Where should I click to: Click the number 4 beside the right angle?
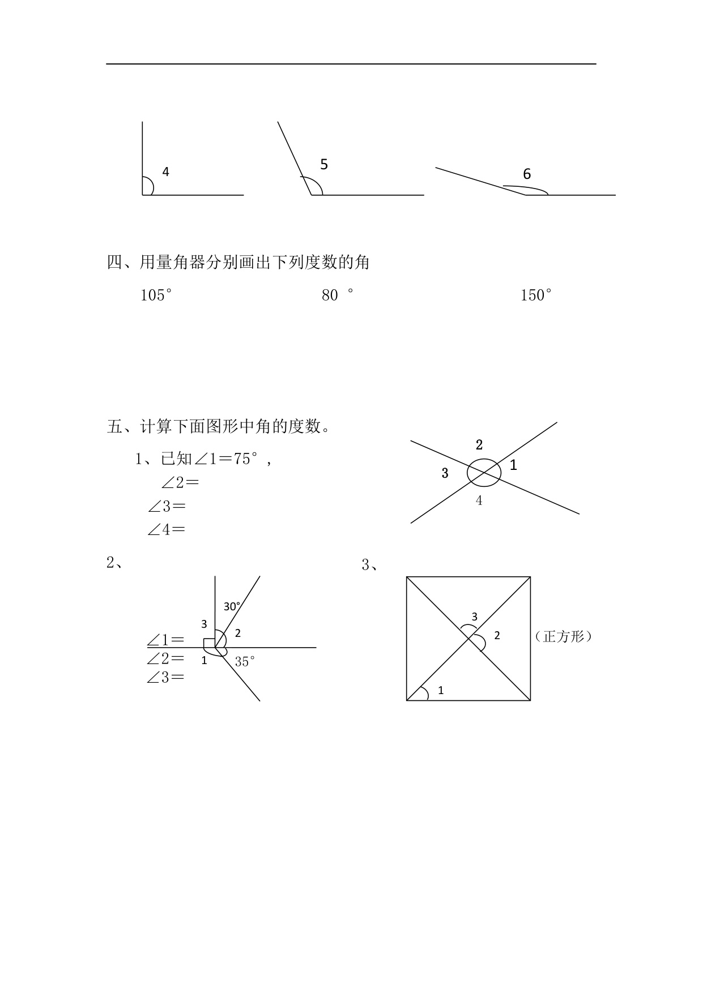tap(165, 172)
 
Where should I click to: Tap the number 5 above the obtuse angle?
tap(324, 164)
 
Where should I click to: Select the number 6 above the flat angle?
tap(527, 174)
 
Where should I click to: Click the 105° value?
tap(156, 295)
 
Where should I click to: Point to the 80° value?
tap(337, 295)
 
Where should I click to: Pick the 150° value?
tap(536, 295)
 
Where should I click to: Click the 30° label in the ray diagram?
tap(232, 606)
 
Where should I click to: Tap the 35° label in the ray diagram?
tap(245, 661)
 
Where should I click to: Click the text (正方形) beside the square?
tap(563, 636)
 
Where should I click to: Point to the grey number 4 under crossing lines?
tap(479, 500)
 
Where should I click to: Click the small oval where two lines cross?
tap(484, 472)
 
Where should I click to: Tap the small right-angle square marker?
tap(209, 643)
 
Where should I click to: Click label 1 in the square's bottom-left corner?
tap(441, 690)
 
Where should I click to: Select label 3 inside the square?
tap(474, 617)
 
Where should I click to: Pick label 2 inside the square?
tap(497, 635)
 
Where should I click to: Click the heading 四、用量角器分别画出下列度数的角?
tap(238, 262)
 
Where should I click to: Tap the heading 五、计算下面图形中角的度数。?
tap(219, 426)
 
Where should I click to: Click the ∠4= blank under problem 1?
tap(167, 530)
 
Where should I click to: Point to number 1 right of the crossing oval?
tap(513, 465)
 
